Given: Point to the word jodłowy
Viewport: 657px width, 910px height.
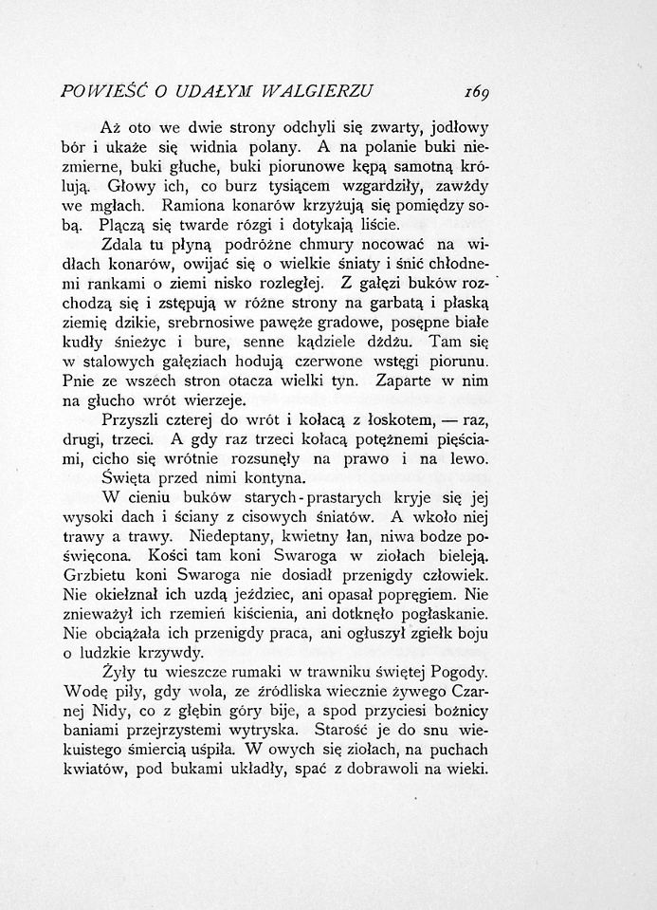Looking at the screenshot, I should point(465,126).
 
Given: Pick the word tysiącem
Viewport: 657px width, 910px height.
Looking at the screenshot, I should point(283,186).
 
